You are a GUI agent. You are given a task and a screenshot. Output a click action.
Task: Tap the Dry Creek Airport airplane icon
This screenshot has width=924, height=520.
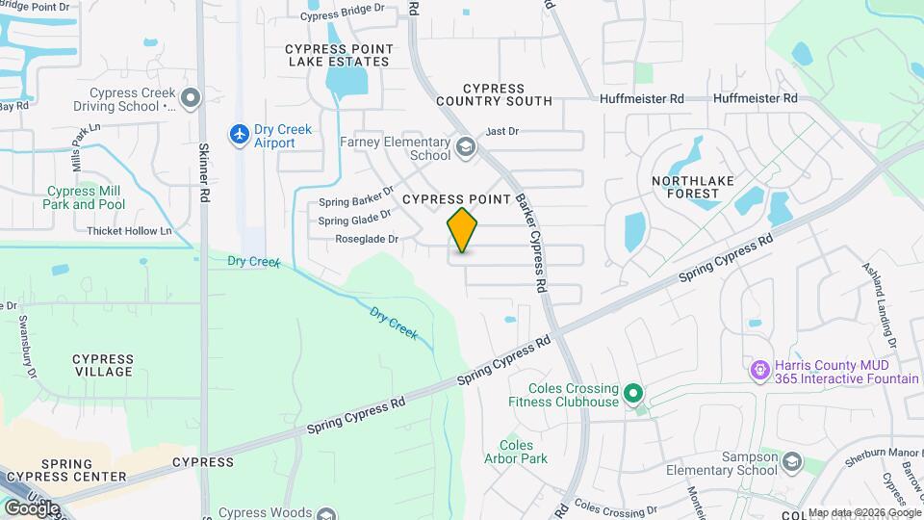pyautogui.click(x=239, y=135)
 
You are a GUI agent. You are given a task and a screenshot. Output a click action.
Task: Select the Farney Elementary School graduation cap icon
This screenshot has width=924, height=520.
pyautogui.click(x=466, y=147)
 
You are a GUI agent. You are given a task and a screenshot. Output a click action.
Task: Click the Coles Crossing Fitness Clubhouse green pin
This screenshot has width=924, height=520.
pyautogui.click(x=633, y=393)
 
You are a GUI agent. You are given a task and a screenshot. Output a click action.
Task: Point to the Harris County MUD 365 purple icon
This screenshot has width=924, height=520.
pyautogui.click(x=758, y=370)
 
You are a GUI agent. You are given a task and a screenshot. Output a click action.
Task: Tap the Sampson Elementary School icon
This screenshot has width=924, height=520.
pyautogui.click(x=791, y=463)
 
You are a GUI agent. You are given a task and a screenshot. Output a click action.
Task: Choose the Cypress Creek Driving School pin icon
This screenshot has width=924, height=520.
pyautogui.click(x=191, y=97)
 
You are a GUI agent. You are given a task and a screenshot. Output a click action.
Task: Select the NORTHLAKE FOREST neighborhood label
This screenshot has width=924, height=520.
pyautogui.click(x=685, y=187)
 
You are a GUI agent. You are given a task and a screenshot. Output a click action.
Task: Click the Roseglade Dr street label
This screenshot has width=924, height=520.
pyautogui.click(x=366, y=240)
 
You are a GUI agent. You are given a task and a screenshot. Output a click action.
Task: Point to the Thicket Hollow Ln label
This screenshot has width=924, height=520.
pyautogui.click(x=129, y=231)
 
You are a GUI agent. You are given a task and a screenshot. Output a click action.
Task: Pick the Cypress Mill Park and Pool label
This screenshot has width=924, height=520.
pyautogui.click(x=85, y=197)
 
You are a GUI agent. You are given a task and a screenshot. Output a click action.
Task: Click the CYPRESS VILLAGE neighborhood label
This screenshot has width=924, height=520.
pyautogui.click(x=103, y=365)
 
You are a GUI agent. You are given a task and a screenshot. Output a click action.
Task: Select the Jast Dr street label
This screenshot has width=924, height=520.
pyautogui.click(x=502, y=132)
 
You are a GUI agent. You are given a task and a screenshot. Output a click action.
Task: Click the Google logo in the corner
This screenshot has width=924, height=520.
pyautogui.click(x=32, y=507)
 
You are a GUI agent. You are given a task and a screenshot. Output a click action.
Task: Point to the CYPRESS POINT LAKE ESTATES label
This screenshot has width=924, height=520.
pyautogui.click(x=337, y=54)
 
